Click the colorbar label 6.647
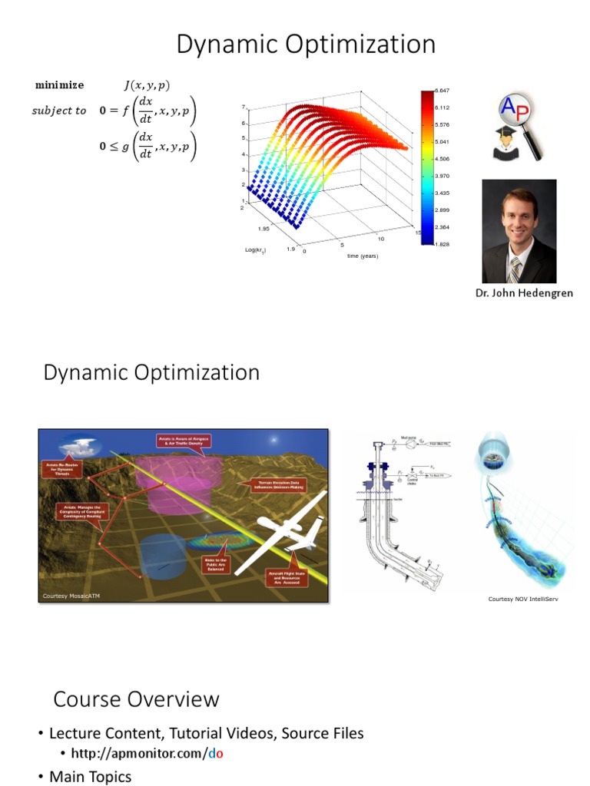coord(442,91)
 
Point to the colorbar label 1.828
coord(442,244)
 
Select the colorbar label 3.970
coord(442,176)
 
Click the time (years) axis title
coord(362,256)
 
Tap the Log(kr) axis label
coord(256,250)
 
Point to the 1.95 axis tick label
coord(264,229)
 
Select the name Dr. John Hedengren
coord(525,293)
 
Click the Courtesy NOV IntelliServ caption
coord(522,598)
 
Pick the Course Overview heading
coord(136,699)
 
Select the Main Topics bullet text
coord(90,777)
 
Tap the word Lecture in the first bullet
coord(75,733)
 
